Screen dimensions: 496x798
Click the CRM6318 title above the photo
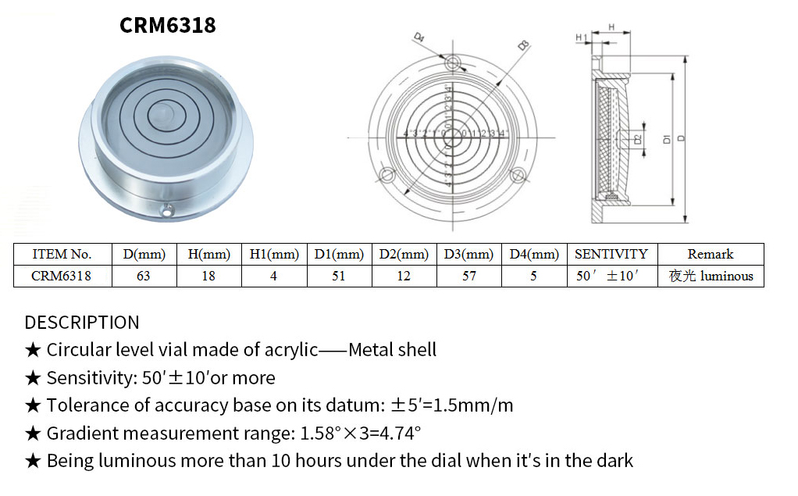pos(167,26)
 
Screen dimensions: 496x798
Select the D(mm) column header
pos(143,254)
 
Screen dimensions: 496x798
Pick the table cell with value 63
pos(143,276)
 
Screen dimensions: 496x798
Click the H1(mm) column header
pos(274,254)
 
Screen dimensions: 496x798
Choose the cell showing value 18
pos(208,276)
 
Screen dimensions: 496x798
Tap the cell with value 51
pos(338,276)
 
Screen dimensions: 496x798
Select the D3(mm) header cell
pos(468,254)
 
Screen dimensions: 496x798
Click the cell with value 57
pos(468,276)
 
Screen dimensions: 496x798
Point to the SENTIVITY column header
pos(611,254)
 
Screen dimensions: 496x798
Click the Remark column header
pos(710,254)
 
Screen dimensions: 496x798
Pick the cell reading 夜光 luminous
pos(710,276)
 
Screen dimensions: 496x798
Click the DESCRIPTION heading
pos(82,323)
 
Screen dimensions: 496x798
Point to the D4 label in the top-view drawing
pos(419,37)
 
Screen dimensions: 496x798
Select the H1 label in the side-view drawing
pos(581,37)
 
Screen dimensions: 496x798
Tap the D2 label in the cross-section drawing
pos(638,139)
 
